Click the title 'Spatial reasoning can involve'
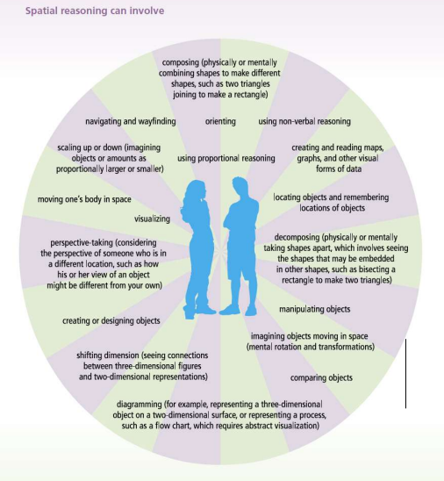click(x=95, y=11)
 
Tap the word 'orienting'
click(x=220, y=121)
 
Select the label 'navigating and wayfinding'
click(x=131, y=121)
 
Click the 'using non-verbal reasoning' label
click(x=304, y=121)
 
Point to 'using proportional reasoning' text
click(x=226, y=158)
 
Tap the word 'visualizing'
click(x=152, y=219)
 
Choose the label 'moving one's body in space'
click(x=84, y=199)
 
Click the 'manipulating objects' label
click(x=315, y=309)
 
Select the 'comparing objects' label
click(x=321, y=377)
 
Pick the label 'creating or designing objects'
click(x=111, y=321)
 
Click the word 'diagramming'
click(x=140, y=405)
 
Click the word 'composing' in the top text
click(x=180, y=62)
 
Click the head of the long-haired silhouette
click(x=196, y=190)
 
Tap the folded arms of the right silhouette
click(x=240, y=220)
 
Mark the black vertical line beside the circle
click(x=406, y=374)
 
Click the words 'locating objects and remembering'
click(x=331, y=197)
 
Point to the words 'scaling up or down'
click(x=90, y=147)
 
